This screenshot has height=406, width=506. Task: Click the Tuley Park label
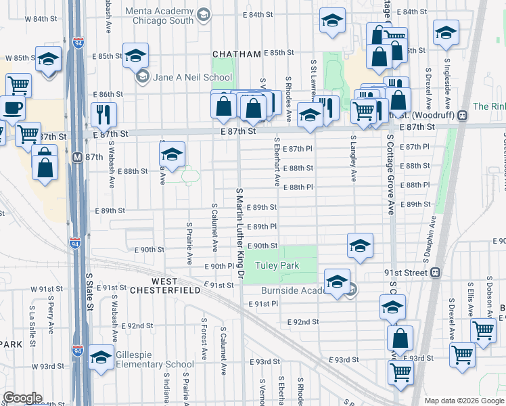pos(277,266)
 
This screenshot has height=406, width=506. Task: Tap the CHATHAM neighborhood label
pos(236,54)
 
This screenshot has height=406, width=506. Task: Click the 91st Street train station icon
pos(435,273)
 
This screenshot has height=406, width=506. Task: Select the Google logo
pos(22,398)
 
